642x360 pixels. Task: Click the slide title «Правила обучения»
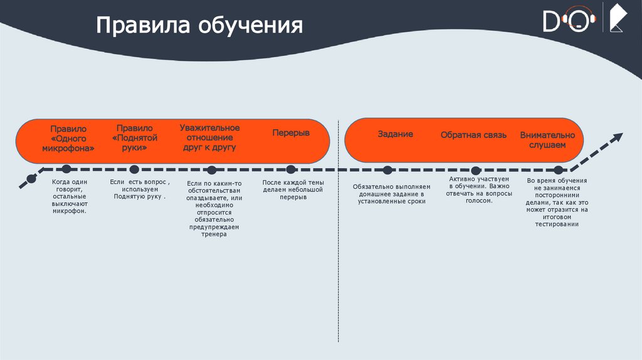[x=199, y=26]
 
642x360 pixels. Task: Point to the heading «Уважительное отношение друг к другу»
[x=209, y=137]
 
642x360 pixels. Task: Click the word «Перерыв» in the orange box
[x=291, y=133]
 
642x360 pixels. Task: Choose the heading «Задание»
[x=395, y=134]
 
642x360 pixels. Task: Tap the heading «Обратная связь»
[x=473, y=135]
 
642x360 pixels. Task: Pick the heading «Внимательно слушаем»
[x=547, y=140]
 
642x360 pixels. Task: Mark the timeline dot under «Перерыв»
[x=290, y=169]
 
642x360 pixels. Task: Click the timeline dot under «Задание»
[x=387, y=169]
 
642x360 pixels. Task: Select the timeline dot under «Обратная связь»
[x=476, y=170]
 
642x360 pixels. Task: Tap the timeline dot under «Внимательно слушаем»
[x=558, y=169]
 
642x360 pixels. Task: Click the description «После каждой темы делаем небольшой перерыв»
[x=292, y=189]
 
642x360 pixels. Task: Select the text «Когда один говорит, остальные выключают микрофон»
[x=70, y=196]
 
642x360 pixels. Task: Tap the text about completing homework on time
[x=392, y=194]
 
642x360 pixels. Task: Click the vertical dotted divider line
[x=339, y=251]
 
